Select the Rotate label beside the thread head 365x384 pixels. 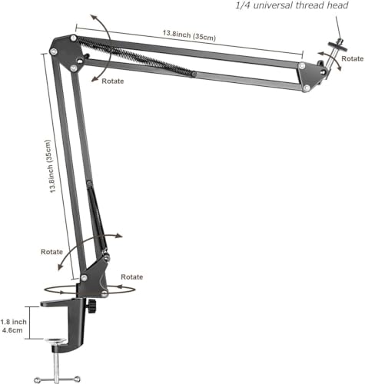click(353, 58)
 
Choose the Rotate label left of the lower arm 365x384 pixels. click(52, 251)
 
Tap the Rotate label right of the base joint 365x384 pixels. click(132, 276)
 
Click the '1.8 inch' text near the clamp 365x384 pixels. click(14, 322)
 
